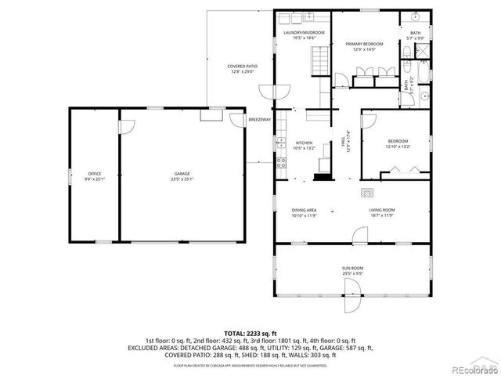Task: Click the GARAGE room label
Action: pyautogui.click(x=182, y=173)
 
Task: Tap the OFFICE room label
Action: pyautogui.click(x=95, y=173)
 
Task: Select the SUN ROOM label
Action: pyautogui.click(x=351, y=269)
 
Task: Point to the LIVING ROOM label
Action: pyautogui.click(x=382, y=210)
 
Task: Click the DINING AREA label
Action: pyautogui.click(x=304, y=210)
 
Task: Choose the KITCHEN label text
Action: pyautogui.click(x=303, y=143)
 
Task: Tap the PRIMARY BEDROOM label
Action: pyautogui.click(x=365, y=45)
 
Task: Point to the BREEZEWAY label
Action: pyautogui.click(x=259, y=120)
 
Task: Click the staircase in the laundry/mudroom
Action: pyautogui.click(x=318, y=58)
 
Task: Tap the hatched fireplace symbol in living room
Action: pyautogui.click(x=366, y=191)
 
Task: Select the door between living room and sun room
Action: pyautogui.click(x=359, y=235)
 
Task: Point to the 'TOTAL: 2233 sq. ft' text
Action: pyautogui.click(x=250, y=333)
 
